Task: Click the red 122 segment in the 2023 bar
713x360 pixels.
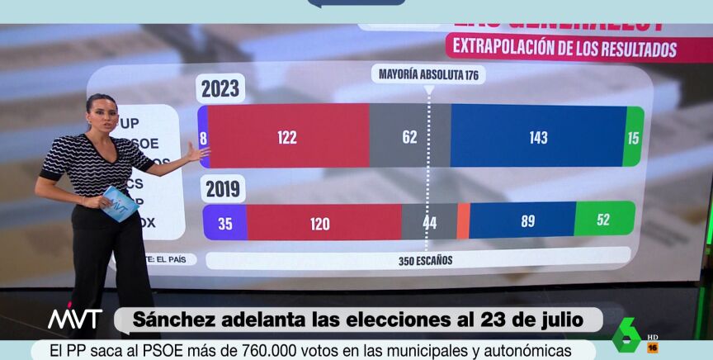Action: (287, 137)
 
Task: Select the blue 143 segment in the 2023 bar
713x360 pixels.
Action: (538, 137)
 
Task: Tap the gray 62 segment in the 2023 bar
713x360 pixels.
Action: (410, 137)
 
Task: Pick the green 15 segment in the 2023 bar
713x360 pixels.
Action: (634, 137)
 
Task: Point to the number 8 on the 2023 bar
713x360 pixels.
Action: (203, 138)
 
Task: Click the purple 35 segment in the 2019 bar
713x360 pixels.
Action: (225, 222)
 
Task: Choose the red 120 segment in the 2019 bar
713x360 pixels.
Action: (320, 222)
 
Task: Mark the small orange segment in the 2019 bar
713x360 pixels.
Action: (463, 221)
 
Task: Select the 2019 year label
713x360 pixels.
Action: (222, 188)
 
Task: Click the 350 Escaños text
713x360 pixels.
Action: (426, 261)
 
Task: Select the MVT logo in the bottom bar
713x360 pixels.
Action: (74, 319)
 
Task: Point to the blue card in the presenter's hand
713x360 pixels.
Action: (120, 203)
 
